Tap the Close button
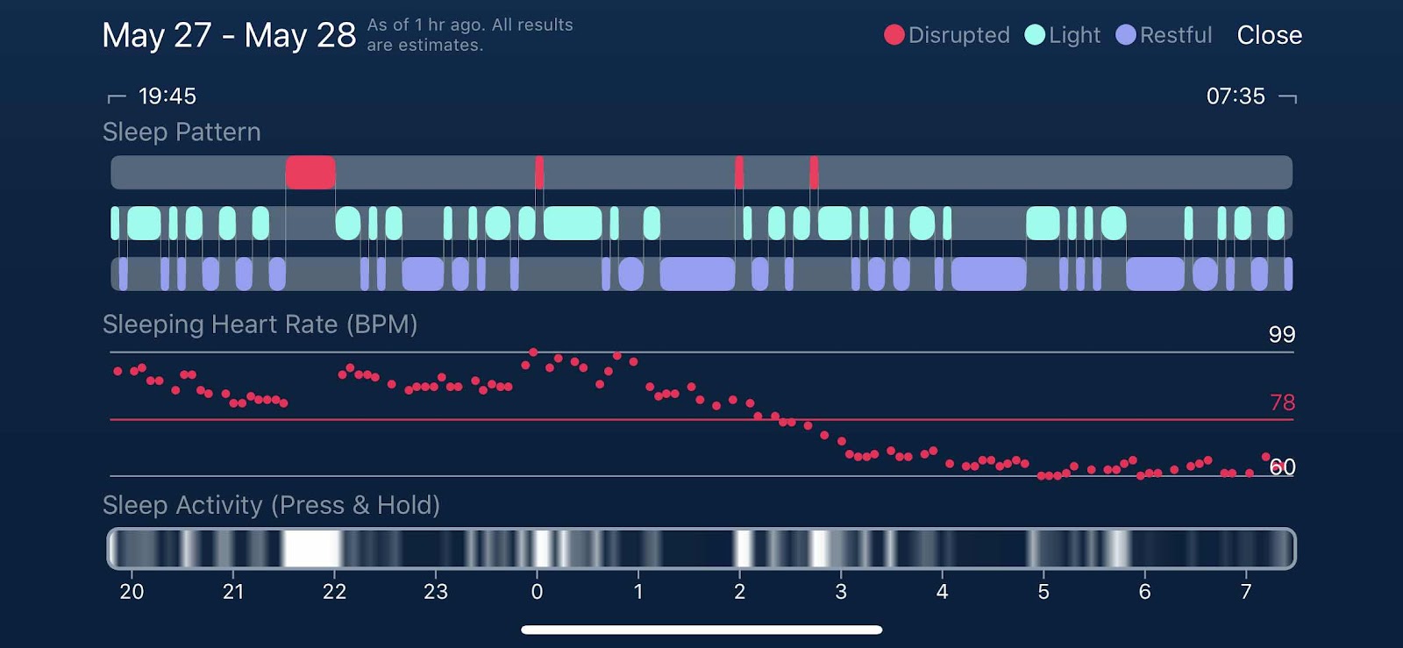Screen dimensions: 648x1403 (1269, 35)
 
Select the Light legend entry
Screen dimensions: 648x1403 (1062, 35)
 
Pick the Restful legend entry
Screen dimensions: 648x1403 (1164, 35)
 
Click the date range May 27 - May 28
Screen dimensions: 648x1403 (229, 35)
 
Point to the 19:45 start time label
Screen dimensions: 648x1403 (167, 96)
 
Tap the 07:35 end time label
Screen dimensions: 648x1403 (1236, 96)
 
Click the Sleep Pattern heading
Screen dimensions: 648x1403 (182, 132)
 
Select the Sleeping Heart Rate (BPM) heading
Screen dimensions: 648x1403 (260, 324)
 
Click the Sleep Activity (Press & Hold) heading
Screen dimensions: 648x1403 (271, 505)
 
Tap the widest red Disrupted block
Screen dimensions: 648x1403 (310, 172)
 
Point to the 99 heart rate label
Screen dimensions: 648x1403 (1281, 334)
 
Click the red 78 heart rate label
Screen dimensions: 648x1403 (1282, 402)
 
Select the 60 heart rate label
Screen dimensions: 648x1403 (1283, 467)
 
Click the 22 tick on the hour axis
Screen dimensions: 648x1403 (334, 592)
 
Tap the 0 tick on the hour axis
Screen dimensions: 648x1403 (537, 592)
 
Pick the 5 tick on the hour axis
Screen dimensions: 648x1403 (1043, 592)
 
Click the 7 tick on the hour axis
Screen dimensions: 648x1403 (1246, 592)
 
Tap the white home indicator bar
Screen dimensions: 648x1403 (701, 630)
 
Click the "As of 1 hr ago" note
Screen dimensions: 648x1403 (469, 35)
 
